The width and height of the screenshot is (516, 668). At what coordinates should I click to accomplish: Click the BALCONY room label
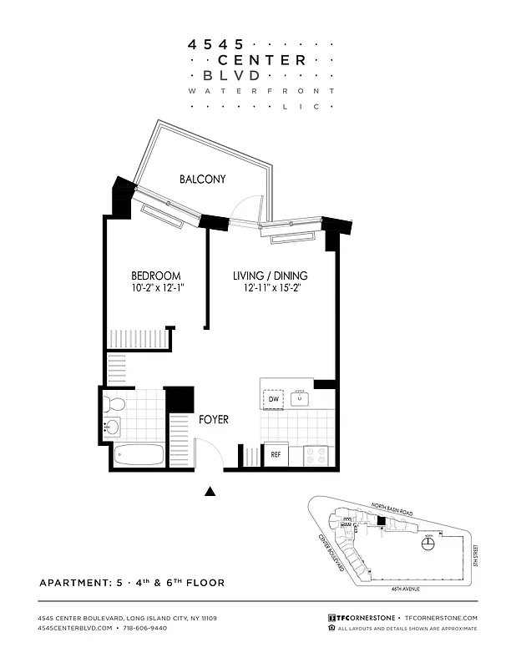(202, 179)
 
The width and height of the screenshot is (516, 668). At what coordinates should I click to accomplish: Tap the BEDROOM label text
(155, 276)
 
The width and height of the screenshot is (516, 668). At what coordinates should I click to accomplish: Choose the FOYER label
(213, 419)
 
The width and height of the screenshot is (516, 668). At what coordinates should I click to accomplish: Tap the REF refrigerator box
(276, 455)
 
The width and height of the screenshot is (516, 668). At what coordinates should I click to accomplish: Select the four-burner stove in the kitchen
(317, 455)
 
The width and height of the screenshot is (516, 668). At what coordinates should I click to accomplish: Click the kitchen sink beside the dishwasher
(300, 399)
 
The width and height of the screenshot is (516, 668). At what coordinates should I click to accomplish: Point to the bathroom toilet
(114, 405)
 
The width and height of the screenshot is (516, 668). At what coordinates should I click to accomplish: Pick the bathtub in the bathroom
(139, 455)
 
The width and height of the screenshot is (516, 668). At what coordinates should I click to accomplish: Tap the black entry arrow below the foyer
(210, 493)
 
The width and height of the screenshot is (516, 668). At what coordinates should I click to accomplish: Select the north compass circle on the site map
(428, 544)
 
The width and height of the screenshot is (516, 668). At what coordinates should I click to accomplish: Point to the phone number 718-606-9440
(145, 627)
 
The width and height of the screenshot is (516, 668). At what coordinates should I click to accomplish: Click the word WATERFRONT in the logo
(261, 90)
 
